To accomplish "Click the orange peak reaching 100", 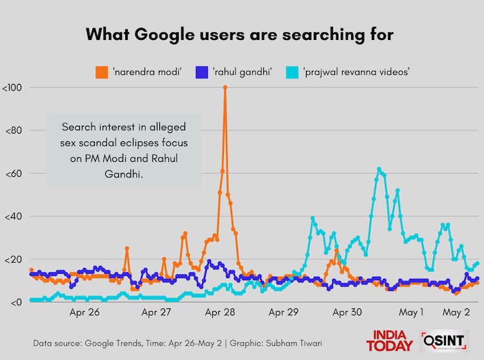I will pyautogui.click(x=225, y=87).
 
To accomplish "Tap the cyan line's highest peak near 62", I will pyautogui.click(x=379, y=168).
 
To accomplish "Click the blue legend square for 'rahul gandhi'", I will pyautogui.click(x=201, y=71).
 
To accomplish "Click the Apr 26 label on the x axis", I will pyautogui.click(x=85, y=313).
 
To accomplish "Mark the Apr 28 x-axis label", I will pyautogui.click(x=221, y=313).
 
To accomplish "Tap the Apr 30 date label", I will pyautogui.click(x=347, y=313).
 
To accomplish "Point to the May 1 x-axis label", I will pyautogui.click(x=411, y=313).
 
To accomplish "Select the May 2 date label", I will pyautogui.click(x=456, y=313).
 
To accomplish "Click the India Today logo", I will pyautogui.click(x=389, y=341).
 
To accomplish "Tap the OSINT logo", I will pyautogui.click(x=443, y=341).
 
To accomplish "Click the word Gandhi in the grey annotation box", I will pyautogui.click(x=123, y=174).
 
